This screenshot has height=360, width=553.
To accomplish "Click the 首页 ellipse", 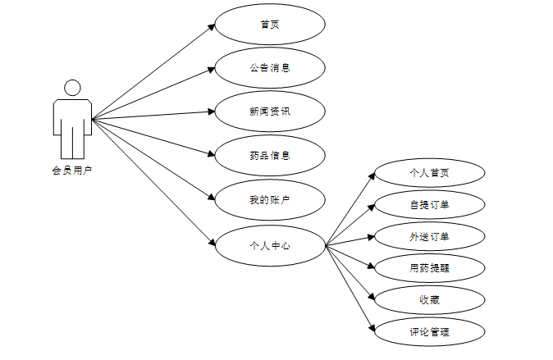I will (270, 25).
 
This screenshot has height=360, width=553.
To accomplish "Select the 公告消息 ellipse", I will (270, 67).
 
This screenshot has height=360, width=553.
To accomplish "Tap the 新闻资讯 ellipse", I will (270, 112).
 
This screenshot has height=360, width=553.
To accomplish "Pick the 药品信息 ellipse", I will (270, 154).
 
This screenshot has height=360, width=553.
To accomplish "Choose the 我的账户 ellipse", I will (270, 199).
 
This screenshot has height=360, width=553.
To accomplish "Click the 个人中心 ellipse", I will (270, 244).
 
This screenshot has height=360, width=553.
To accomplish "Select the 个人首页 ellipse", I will (429, 173).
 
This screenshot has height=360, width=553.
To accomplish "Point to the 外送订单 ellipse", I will (429, 236).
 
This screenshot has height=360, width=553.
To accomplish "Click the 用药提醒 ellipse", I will (429, 267).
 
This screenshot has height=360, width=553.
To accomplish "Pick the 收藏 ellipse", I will (429, 299).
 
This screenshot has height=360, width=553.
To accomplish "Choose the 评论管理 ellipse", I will (429, 332).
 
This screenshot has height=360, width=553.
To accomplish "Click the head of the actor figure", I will (72, 88).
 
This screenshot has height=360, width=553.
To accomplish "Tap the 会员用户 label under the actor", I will (71, 171).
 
